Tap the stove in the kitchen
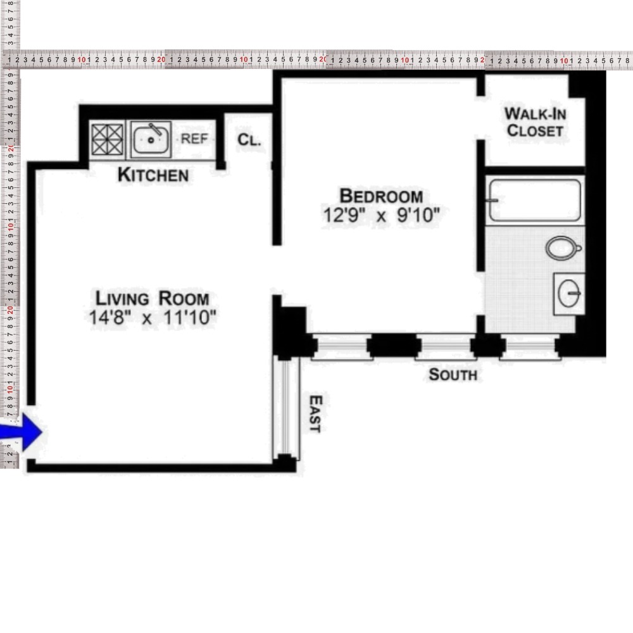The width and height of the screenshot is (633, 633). pos(107,140)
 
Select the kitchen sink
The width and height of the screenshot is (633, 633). pos(151,139)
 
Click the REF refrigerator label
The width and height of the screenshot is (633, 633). pos(194,139)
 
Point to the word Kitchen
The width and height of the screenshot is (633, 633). pos(153,175)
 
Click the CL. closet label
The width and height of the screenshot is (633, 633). pos(249,140)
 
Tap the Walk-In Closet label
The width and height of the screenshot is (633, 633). pos(535,122)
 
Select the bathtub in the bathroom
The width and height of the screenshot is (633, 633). pos(535,200)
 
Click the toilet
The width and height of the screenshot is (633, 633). pos(563,248)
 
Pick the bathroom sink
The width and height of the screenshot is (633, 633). pos(569,294)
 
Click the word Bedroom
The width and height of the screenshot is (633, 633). pos(381,196)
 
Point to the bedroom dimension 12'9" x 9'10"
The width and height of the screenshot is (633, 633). pos(381,215)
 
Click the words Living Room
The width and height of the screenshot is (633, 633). pos(152,298)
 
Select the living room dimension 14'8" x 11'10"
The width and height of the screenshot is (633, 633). pos(152,317)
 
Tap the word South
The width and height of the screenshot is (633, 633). pos(453,375)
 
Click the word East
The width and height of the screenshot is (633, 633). pos(316,414)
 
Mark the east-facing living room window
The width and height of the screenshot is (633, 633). pos(286,408)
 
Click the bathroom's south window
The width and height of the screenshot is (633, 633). pos(530,346)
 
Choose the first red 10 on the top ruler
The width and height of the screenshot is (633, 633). pos(82,60)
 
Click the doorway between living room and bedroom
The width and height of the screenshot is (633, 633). pos(277,270)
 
